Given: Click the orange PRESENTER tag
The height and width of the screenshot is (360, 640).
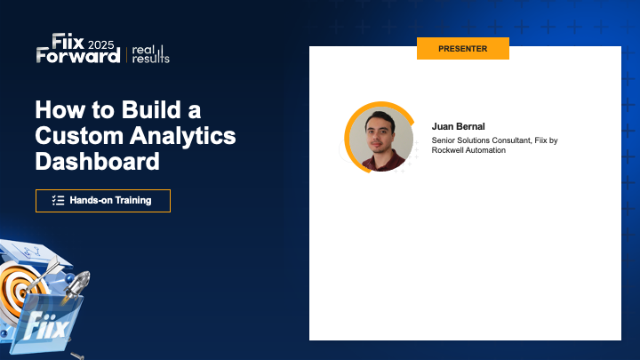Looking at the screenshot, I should [x=462, y=49].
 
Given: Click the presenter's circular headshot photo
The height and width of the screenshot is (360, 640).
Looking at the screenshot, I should [x=380, y=138].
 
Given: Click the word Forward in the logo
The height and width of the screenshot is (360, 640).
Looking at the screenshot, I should [x=78, y=56].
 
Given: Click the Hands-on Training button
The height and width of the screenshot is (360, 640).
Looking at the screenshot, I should [x=102, y=201].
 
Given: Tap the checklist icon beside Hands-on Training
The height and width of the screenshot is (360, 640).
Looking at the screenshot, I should [x=59, y=201].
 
